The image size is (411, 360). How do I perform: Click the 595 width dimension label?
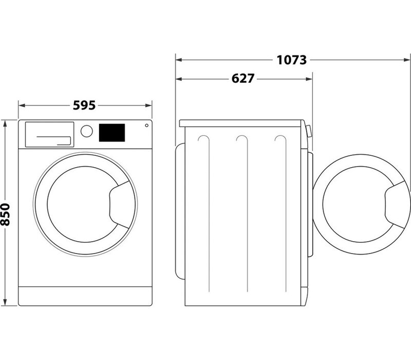click(84, 105)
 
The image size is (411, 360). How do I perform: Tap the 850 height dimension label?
click(5, 214)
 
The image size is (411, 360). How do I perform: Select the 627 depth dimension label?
click(242, 79)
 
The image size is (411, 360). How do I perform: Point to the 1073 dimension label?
click(291, 60)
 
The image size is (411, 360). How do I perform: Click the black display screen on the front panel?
click(112, 133)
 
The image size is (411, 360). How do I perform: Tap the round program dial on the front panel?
click(86, 131)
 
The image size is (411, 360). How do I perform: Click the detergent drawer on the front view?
click(49, 134)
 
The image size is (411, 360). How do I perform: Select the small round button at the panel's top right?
click(146, 125)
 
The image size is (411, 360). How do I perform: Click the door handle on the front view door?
click(120, 205)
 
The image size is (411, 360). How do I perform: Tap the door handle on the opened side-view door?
click(395, 205)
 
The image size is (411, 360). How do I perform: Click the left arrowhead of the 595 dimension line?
click(22, 105)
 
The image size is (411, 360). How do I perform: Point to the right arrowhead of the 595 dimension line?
click(148, 105)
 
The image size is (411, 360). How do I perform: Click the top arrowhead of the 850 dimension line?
click(5, 123)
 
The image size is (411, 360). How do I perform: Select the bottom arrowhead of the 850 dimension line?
click(5, 302)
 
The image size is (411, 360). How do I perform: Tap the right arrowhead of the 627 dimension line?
click(309, 79)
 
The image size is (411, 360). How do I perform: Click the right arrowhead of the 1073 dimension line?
click(407, 60)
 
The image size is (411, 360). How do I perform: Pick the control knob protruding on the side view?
click(309, 131)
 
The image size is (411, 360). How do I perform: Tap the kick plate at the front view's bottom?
click(85, 296)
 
